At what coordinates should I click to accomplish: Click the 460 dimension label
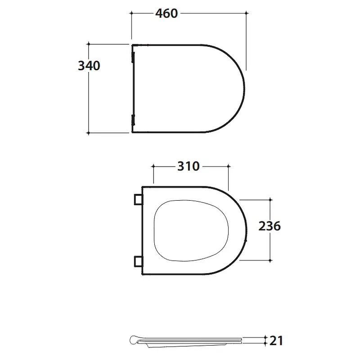click(x=166, y=13)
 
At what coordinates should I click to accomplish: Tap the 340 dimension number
click(x=89, y=66)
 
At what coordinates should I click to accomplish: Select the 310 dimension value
click(x=189, y=166)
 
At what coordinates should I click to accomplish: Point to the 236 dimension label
click(x=270, y=226)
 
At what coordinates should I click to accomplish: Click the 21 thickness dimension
click(x=276, y=341)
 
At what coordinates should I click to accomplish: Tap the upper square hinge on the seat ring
click(x=139, y=199)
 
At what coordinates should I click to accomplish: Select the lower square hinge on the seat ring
click(x=139, y=261)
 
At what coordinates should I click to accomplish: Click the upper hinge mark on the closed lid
click(x=133, y=58)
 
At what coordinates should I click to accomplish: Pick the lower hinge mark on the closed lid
click(x=133, y=120)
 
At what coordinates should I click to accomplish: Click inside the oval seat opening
click(x=191, y=230)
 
